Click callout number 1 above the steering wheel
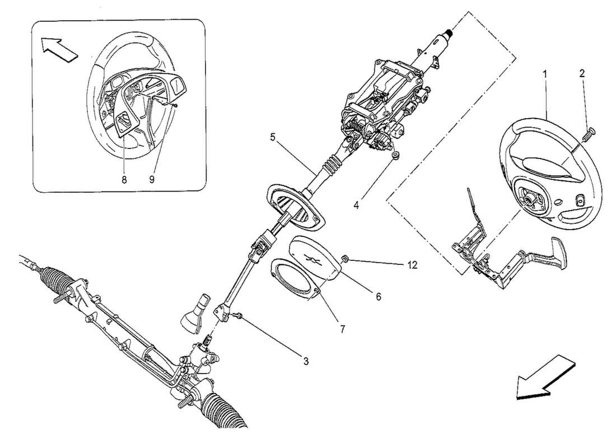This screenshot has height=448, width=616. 544,73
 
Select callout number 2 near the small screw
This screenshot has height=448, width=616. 582,73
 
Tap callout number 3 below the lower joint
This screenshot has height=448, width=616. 306,361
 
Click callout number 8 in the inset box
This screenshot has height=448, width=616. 124,180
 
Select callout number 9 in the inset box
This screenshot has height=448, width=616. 151,180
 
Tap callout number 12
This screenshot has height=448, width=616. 412,265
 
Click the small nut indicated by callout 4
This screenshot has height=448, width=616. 395,155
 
